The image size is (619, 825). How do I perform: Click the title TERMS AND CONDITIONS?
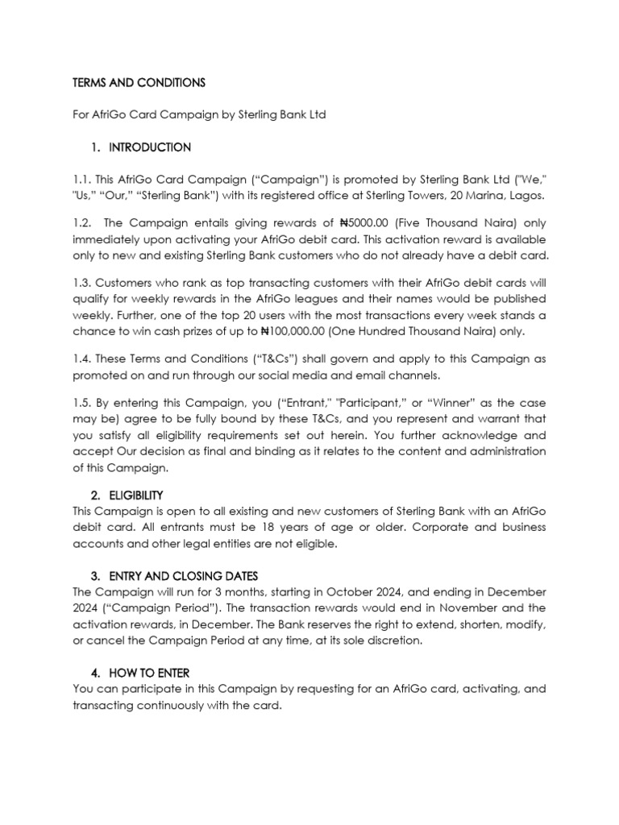(139, 83)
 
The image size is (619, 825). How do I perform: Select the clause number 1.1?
(82, 181)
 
